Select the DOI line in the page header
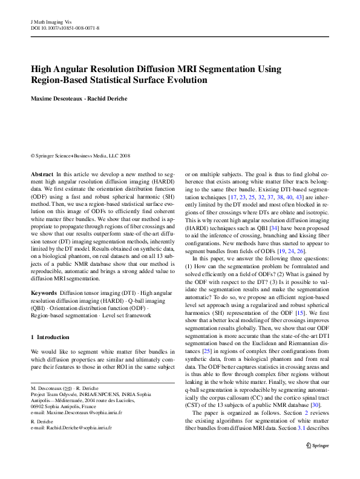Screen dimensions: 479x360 65,28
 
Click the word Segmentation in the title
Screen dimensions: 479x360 233,69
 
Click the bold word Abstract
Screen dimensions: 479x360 42,174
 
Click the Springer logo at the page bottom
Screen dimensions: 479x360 318,461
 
